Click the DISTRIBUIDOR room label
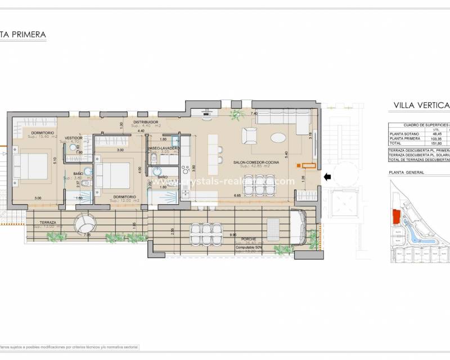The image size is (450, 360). [146, 122]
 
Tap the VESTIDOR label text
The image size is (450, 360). [74, 137]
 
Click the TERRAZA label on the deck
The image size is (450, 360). [48, 223]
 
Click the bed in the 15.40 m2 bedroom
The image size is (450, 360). [31, 166]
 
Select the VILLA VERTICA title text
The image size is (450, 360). [421, 105]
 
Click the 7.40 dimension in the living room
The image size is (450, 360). [254, 114]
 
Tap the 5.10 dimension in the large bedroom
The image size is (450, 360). [55, 159]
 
